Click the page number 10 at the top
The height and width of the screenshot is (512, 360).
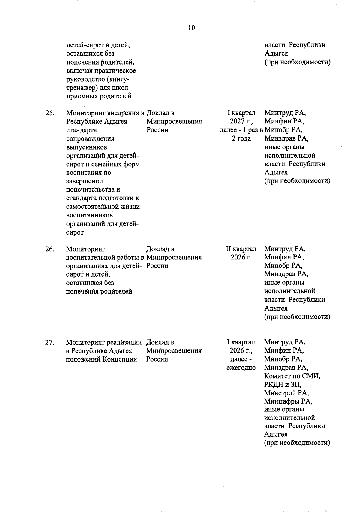(x=191, y=28)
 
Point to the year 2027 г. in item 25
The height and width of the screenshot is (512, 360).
(x=241, y=122)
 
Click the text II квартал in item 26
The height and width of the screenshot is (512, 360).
(x=241, y=249)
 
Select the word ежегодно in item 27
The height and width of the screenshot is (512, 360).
(x=241, y=368)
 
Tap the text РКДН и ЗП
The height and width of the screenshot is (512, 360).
(x=283, y=384)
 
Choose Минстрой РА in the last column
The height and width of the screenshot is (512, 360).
(x=286, y=393)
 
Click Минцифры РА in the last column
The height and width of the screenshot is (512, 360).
(x=288, y=401)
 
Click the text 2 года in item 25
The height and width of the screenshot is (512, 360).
(x=241, y=138)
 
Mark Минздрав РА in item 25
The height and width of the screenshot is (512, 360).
(x=286, y=138)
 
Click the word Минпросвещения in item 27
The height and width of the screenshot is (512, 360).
(x=174, y=351)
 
